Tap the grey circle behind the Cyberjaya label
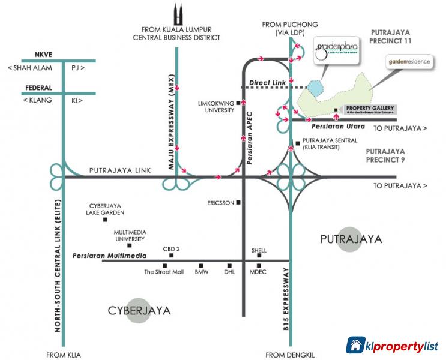click(x=139, y=311)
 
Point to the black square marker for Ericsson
click(x=239, y=202)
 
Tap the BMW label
click(x=201, y=272)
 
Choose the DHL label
click(x=229, y=272)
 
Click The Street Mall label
click(x=164, y=272)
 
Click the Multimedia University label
click(x=130, y=235)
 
